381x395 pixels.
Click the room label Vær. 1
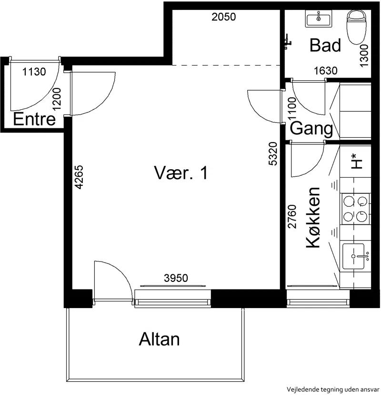[180, 173]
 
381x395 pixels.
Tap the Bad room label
[325, 45]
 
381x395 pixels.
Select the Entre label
[34, 119]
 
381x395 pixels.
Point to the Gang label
[311, 129]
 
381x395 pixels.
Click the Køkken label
[313, 217]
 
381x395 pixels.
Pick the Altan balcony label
[159, 339]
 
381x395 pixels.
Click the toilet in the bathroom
[357, 27]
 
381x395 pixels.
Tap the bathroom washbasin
[318, 19]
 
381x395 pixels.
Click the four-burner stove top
[355, 209]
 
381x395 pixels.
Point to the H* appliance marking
[357, 161]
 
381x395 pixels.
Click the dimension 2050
[223, 17]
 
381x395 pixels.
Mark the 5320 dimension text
[273, 154]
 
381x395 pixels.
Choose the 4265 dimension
[79, 177]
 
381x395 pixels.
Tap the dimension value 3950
[176, 278]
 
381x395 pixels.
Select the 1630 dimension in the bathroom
[325, 71]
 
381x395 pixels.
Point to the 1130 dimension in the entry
[34, 72]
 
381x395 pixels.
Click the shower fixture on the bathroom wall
[287, 42]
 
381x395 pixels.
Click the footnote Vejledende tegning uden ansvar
[333, 389]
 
